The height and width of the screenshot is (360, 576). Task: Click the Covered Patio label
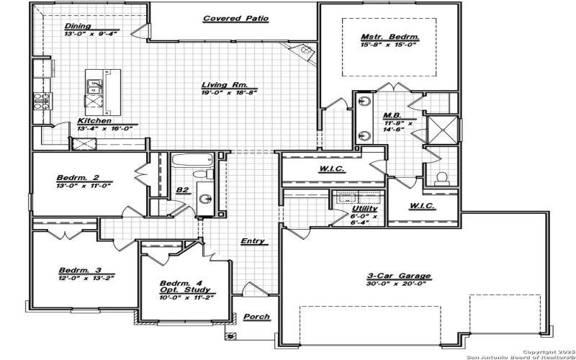[x=235, y=19]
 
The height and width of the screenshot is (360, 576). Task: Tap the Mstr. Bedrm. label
[x=390, y=37]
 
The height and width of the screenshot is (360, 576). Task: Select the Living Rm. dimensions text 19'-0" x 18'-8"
[x=229, y=92]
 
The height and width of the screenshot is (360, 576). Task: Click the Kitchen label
[x=94, y=121]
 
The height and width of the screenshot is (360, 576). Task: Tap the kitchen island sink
[x=94, y=87]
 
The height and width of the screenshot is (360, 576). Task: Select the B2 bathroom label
[x=182, y=190]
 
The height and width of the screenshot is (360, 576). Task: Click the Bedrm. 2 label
[x=76, y=177]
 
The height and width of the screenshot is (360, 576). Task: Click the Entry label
[x=253, y=241]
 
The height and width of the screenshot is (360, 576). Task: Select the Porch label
[x=256, y=317]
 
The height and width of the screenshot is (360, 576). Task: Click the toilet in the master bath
[x=443, y=177]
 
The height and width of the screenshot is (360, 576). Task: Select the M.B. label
[x=392, y=115]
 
